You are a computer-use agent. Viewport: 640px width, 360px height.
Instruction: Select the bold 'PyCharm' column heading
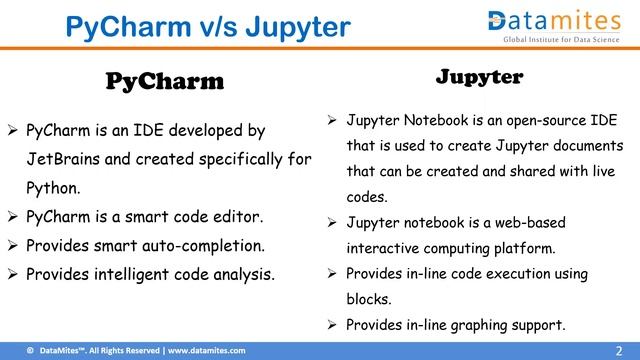point(165,81)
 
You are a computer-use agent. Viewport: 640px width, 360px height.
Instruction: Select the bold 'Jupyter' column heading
point(479,76)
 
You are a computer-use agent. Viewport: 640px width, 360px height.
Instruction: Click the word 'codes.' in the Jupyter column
point(367,197)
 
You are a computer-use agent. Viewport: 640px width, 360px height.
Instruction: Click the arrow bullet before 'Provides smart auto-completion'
point(13,245)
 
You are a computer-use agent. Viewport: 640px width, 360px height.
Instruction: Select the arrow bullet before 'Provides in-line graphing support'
point(333,324)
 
